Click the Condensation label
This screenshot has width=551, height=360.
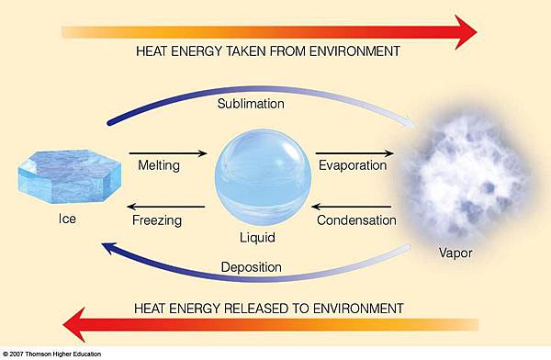click(x=356, y=220)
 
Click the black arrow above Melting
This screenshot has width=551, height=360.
click(x=167, y=153)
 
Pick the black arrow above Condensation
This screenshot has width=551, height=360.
click(x=354, y=207)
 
